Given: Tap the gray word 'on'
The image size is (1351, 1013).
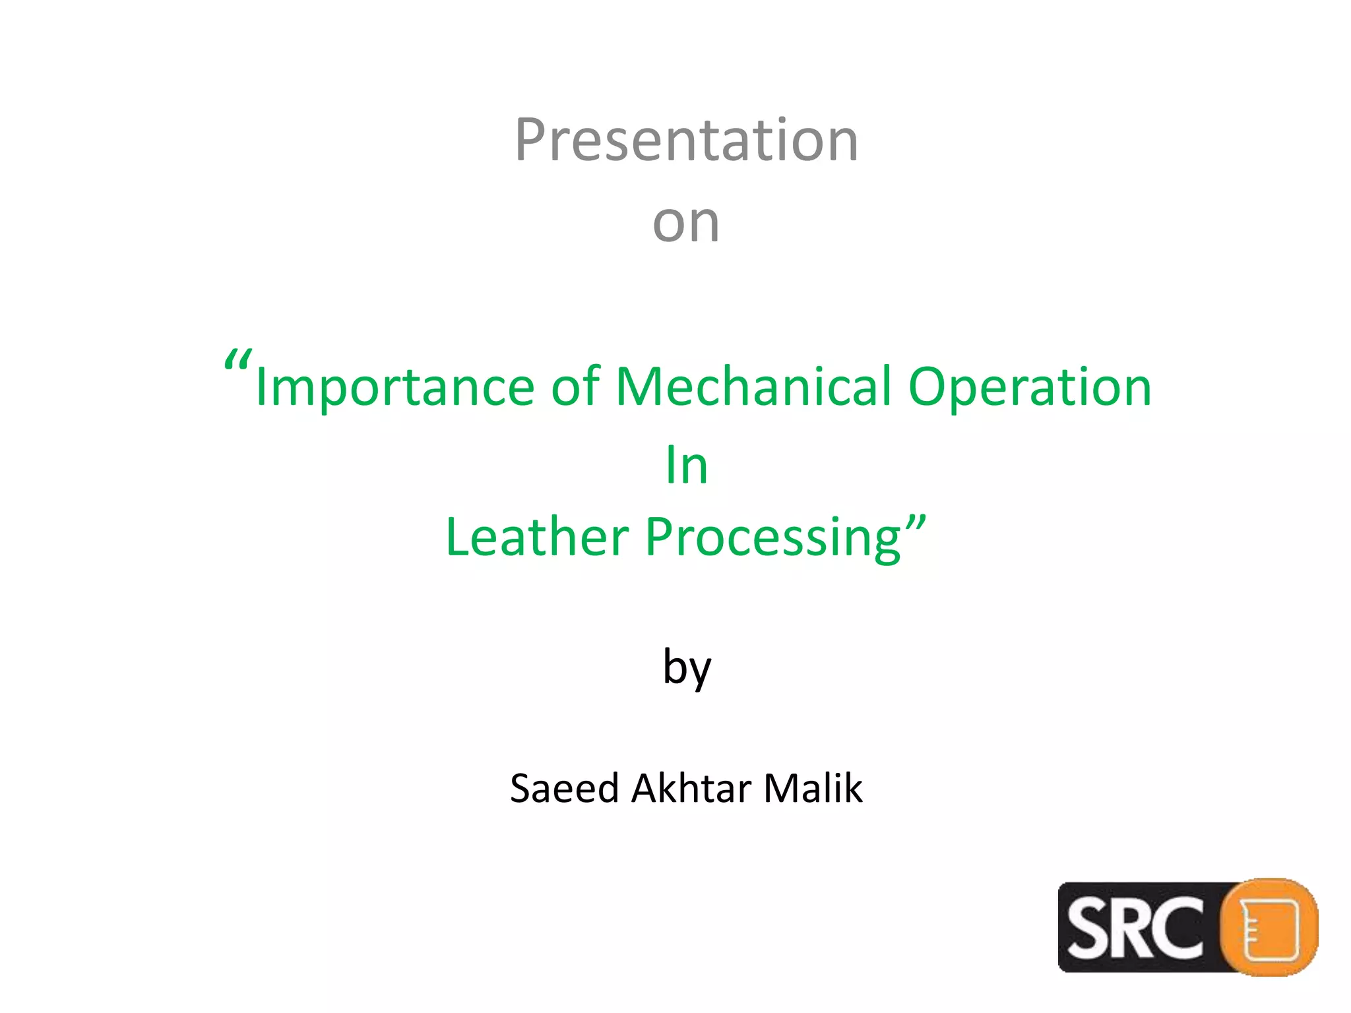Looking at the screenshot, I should pyautogui.click(x=686, y=223).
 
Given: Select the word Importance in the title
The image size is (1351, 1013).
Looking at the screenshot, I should pyautogui.click(x=394, y=388).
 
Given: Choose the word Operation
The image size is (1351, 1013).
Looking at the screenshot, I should pyautogui.click(x=1030, y=388).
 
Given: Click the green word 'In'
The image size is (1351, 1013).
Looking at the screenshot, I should pyautogui.click(x=686, y=466).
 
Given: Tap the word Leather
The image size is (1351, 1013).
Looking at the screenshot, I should pyautogui.click(x=537, y=537).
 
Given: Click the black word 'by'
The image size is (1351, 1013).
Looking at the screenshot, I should pyautogui.click(x=687, y=667).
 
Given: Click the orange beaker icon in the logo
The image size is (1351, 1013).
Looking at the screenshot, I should pyautogui.click(x=1269, y=927).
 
